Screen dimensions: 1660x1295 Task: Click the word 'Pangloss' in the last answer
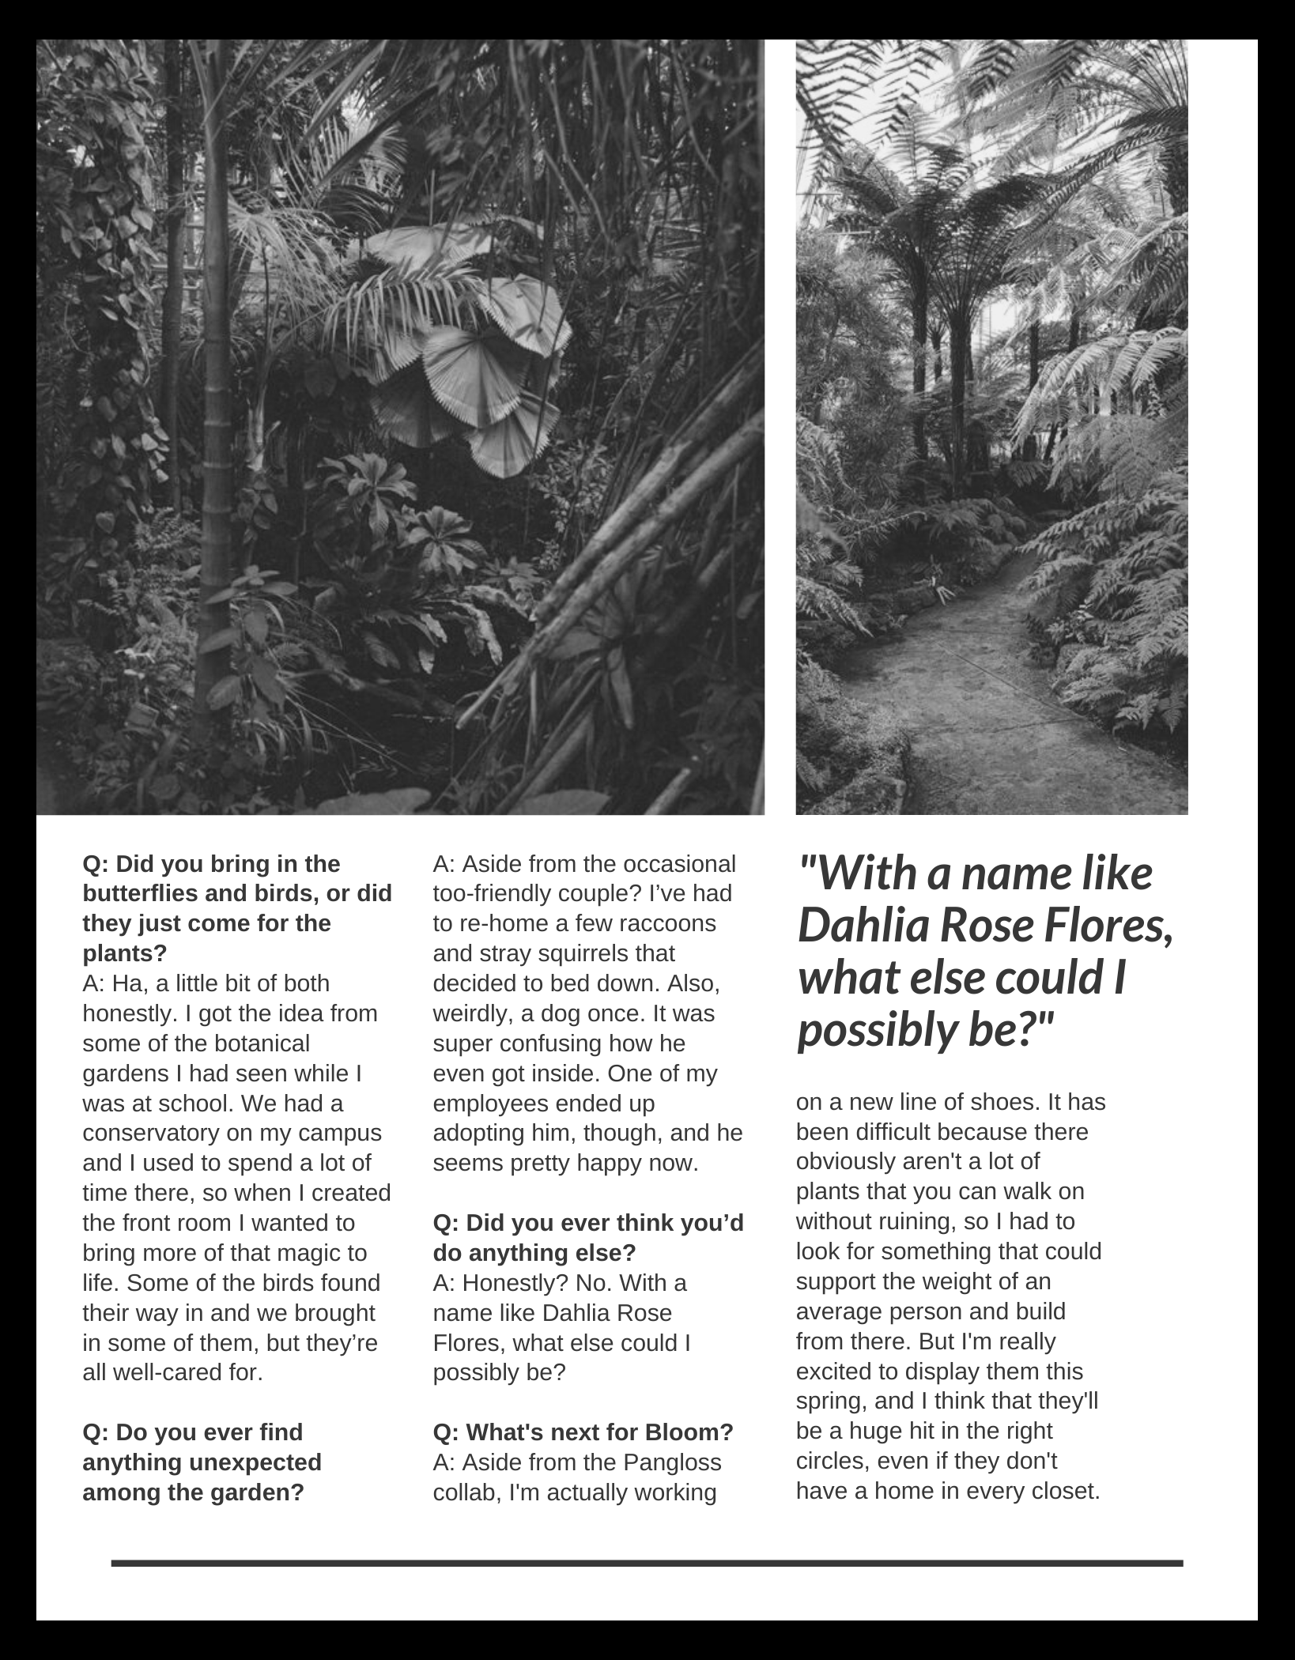[672, 1462]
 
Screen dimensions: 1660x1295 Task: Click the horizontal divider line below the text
[647, 1563]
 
